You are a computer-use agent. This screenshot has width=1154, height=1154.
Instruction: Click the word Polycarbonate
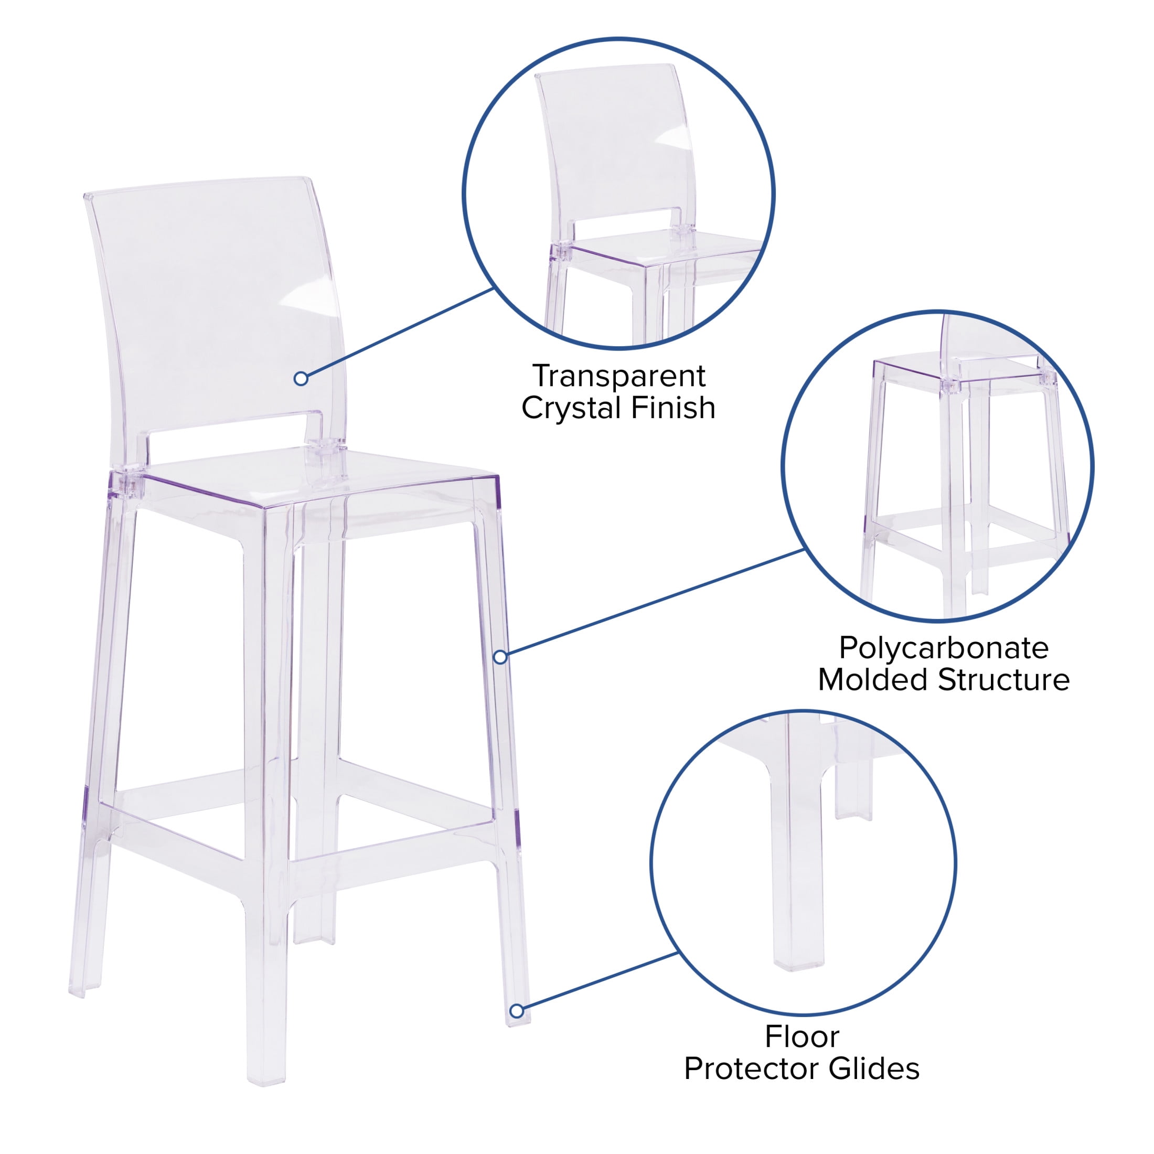pos(944,648)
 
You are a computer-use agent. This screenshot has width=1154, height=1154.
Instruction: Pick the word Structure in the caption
pos(1003,680)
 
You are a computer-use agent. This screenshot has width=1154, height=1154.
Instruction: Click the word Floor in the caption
pos(802,1037)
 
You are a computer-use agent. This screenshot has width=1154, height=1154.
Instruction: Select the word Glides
pos(878,1068)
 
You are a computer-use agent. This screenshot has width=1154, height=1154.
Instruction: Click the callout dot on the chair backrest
pos(301,378)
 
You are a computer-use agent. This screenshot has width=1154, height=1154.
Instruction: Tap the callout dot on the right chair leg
pos(500,657)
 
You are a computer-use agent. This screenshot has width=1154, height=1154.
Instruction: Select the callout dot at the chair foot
pos(517,1011)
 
